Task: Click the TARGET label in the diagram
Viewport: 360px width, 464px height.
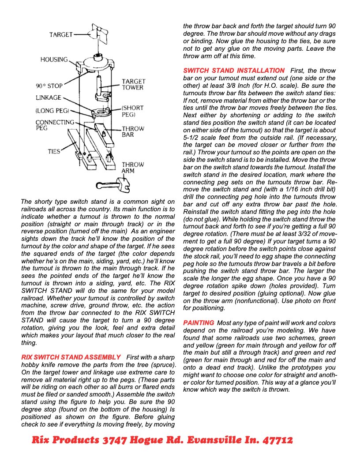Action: (61, 34)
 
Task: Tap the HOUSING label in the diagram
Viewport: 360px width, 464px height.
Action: (54, 60)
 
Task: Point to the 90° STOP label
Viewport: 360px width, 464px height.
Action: (49, 86)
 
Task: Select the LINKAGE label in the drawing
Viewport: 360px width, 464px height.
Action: (49, 97)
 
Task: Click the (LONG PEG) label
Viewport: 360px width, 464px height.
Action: (50, 111)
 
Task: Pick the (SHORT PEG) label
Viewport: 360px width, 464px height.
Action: (133, 111)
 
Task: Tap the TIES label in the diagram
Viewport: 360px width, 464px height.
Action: (54, 151)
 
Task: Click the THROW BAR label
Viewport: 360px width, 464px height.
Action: (133, 131)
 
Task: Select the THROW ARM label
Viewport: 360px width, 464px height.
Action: (133, 167)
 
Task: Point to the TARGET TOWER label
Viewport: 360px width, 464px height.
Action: (133, 84)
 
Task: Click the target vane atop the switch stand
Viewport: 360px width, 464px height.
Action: (97, 34)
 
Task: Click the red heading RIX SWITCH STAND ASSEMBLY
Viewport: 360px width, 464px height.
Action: (71, 357)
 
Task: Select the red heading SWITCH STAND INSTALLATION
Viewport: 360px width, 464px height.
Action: (234, 71)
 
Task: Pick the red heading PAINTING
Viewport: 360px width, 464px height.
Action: (199, 323)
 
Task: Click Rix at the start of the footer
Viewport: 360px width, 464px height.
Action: (41, 440)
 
